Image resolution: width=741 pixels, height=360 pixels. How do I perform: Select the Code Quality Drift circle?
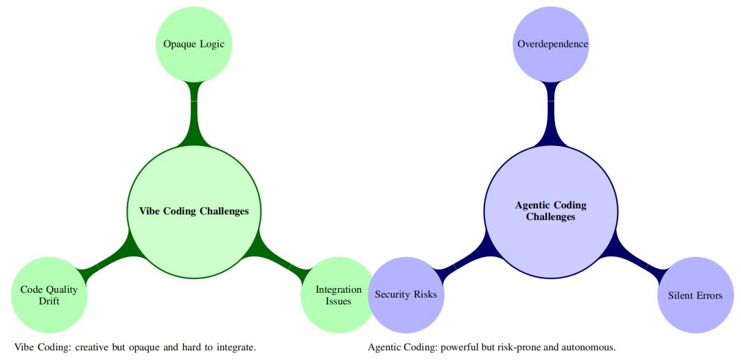(49, 295)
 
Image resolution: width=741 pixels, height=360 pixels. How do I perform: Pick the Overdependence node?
(552, 45)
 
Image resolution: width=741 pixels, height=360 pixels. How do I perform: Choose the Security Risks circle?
(406, 295)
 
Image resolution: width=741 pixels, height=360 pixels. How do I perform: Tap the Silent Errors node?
(695, 296)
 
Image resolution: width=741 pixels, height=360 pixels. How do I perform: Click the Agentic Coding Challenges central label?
(551, 211)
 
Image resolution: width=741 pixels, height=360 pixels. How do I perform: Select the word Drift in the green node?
(49, 302)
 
